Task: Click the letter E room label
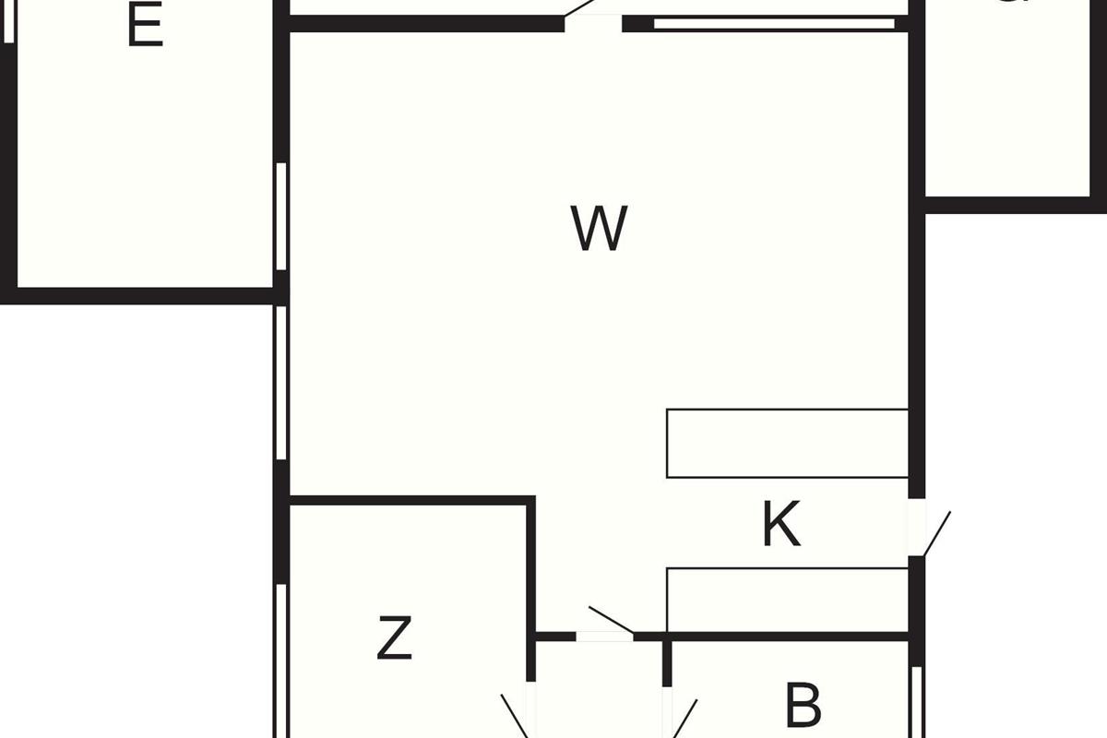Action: (145, 28)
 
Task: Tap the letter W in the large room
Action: (600, 228)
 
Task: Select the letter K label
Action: (780, 526)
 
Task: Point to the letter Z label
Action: (394, 638)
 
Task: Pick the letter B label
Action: (803, 706)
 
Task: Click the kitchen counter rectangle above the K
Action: (787, 444)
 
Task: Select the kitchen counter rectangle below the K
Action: (787, 600)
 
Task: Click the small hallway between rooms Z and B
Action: (598, 692)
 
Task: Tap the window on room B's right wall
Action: (916, 701)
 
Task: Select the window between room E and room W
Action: (281, 217)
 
